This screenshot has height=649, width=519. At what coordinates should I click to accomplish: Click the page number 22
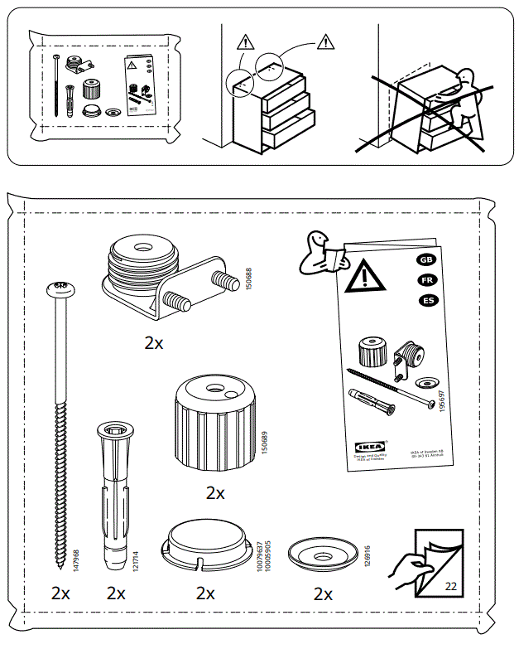[450, 585]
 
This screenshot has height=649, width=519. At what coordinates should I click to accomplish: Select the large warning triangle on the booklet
[364, 277]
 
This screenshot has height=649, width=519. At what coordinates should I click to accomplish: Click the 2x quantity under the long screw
[60, 593]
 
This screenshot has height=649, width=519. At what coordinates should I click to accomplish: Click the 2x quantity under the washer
[323, 594]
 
